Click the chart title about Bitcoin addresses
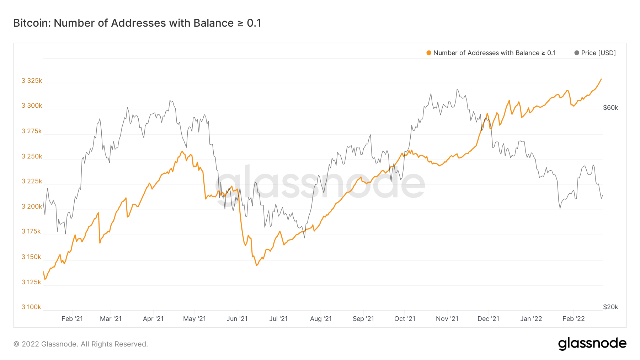coord(137,23)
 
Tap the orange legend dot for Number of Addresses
coord(429,53)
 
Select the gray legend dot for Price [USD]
coord(577,53)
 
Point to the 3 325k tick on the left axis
coord(32,81)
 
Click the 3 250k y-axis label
coord(32,156)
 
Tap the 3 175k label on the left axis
coord(31,231)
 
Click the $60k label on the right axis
coord(610,108)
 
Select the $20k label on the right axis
coord(610,307)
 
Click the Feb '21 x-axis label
coord(72,319)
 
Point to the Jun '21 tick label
coord(237,319)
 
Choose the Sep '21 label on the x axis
coord(363,319)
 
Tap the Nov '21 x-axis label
coord(447,319)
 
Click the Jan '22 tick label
coord(531,319)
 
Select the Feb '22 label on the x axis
coord(574,319)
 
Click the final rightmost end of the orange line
coord(601,79)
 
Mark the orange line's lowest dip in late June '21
coord(256,265)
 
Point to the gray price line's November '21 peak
coord(457,90)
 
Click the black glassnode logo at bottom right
coord(592,344)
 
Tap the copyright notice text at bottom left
coord(81,344)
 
